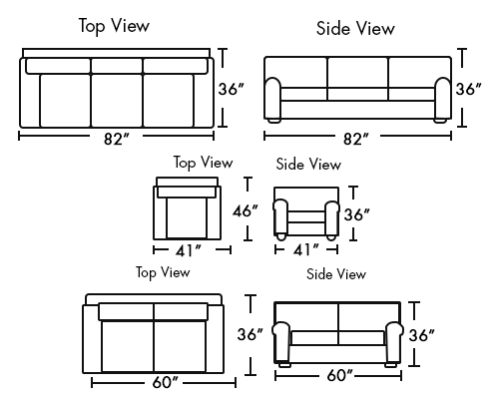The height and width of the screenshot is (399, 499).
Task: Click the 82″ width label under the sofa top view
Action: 116,139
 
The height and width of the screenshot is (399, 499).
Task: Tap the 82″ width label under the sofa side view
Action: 356,139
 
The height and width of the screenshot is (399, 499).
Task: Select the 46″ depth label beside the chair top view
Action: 246,210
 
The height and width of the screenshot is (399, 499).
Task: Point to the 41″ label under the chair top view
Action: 189,250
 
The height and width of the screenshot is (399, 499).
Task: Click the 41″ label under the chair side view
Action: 306,249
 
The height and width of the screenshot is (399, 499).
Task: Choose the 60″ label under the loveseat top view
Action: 166,382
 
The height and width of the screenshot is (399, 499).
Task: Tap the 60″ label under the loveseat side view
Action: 340,376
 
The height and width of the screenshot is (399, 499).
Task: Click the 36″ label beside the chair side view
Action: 356,214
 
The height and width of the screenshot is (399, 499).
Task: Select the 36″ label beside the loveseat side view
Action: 422,335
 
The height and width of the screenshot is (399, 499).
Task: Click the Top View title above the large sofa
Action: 114,26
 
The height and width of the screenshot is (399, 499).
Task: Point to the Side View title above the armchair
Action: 308,165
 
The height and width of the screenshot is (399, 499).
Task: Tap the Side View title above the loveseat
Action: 336,274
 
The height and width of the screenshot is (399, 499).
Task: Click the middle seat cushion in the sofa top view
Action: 117,101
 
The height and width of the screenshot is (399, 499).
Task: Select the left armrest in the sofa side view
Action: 272,99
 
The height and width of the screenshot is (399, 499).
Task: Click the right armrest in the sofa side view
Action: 443,99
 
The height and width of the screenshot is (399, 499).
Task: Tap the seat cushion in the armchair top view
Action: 187,218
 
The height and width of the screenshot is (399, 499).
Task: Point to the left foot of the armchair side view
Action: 281,236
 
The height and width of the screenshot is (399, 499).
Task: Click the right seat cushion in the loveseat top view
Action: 180,346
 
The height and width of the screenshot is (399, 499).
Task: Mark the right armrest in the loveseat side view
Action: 394,342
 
